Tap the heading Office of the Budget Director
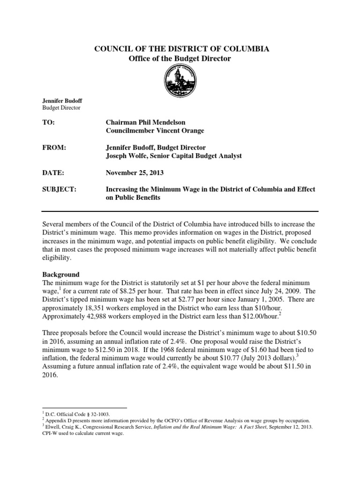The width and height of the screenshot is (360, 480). click(180, 58)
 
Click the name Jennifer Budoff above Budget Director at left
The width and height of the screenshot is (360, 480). click(62, 101)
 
